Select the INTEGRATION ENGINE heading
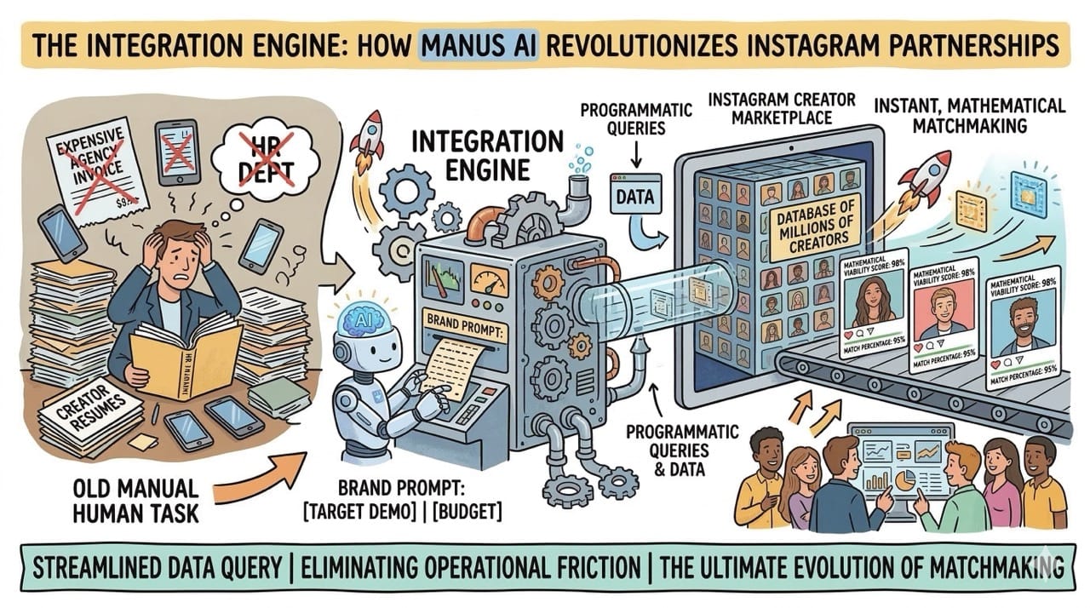pyautogui.click(x=487, y=154)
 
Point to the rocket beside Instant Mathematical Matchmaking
pyautogui.click(x=926, y=177)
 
